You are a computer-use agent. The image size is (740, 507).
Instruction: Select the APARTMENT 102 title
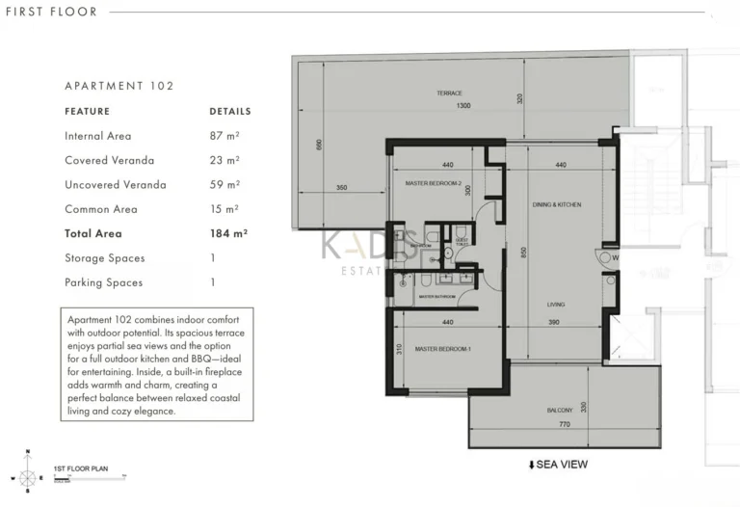pos(119,86)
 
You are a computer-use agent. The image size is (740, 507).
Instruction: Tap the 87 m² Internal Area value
pos(225,136)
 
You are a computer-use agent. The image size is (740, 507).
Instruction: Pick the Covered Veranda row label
pos(109,160)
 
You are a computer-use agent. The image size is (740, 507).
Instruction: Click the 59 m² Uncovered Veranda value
pos(225,184)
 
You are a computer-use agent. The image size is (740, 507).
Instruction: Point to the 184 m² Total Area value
pos(228,233)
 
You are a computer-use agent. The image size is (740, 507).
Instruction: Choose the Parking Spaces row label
pos(103,282)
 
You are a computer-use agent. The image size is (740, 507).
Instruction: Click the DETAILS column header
pos(229,111)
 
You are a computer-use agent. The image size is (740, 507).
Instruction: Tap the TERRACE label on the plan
pos(449,93)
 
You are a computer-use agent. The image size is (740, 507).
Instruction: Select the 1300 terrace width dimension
pos(464,106)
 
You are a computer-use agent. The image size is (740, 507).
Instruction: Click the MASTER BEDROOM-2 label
pos(434,183)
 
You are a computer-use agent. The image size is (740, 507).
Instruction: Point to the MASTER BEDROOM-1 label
pos(442,349)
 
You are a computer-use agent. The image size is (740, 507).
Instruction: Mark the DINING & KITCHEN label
pos(557,205)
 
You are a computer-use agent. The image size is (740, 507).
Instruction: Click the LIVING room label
pos(556,305)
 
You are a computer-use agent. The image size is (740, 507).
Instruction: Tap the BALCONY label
pos(559,411)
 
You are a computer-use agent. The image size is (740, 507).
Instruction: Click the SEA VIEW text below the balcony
pos(558,465)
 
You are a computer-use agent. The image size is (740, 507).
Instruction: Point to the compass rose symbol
pos(28,475)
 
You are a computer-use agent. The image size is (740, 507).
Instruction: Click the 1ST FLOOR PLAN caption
pos(81,468)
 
